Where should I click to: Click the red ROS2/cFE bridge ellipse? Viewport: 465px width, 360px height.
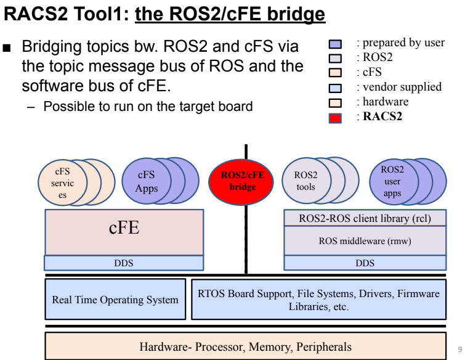pyautogui.click(x=241, y=182)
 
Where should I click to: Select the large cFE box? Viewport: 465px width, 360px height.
pyautogui.click(x=124, y=232)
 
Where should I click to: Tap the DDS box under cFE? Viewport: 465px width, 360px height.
pyautogui.click(x=124, y=263)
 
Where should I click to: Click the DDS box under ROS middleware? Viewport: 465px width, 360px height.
pyautogui.click(x=365, y=263)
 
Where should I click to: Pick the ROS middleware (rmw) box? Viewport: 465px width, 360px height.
pyautogui.click(x=365, y=240)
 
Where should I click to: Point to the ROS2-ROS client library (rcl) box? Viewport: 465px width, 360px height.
pyautogui.click(x=365, y=218)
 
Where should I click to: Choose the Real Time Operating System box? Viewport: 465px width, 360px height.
pyautogui.click(x=115, y=299)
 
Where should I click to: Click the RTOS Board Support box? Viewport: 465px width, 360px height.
pyautogui.click(x=319, y=299)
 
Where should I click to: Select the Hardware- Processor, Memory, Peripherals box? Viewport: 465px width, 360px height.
pyautogui.click(x=246, y=346)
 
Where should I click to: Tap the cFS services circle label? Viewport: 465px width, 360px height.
pyautogui.click(x=62, y=183)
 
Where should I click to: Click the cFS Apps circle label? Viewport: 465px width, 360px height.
pyautogui.click(x=147, y=181)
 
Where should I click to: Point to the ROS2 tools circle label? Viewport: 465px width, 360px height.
pyautogui.click(x=305, y=181)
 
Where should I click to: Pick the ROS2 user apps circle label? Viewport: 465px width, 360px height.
pyautogui.click(x=392, y=181)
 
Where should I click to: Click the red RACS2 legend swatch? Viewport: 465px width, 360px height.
pyautogui.click(x=335, y=118)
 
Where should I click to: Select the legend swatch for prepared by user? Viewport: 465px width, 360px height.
pyautogui.click(x=335, y=44)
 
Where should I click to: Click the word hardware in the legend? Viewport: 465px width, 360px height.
pyautogui.click(x=386, y=102)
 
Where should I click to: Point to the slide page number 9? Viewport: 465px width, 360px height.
pyautogui.click(x=460, y=349)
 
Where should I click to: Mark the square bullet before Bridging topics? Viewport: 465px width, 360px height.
pyautogui.click(x=7, y=48)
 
